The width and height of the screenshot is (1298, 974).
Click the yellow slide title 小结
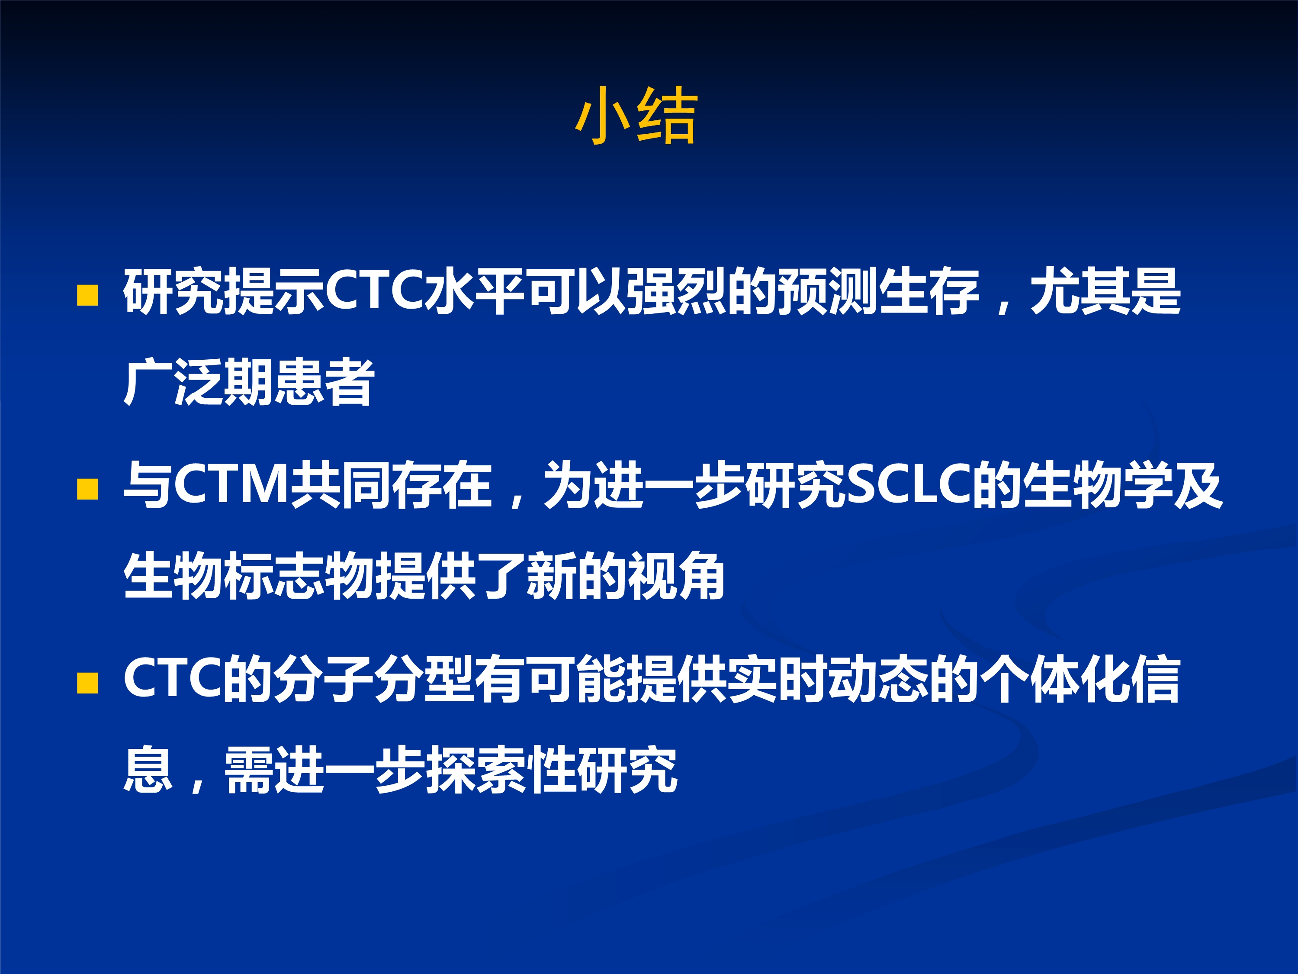point(637,115)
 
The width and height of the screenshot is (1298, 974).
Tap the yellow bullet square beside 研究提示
point(87,295)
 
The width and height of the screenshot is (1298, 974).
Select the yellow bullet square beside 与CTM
point(87,489)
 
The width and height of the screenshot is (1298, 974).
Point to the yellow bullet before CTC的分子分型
point(87,683)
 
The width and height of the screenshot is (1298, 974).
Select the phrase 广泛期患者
point(249,382)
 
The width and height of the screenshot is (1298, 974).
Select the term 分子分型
point(374,679)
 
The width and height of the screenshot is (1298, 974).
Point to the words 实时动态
point(828,679)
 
